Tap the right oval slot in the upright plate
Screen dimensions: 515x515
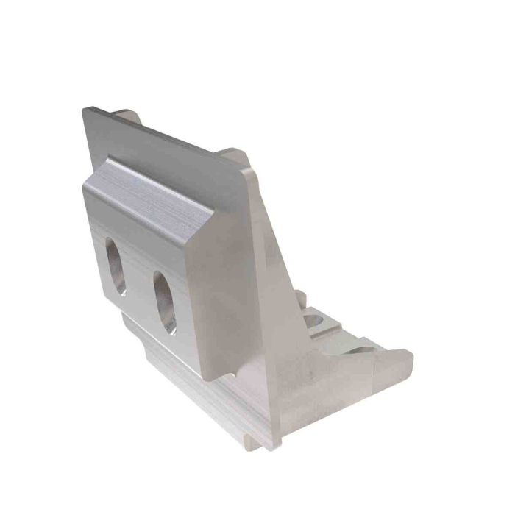[164, 301]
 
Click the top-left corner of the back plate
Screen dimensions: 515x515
[84, 110]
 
